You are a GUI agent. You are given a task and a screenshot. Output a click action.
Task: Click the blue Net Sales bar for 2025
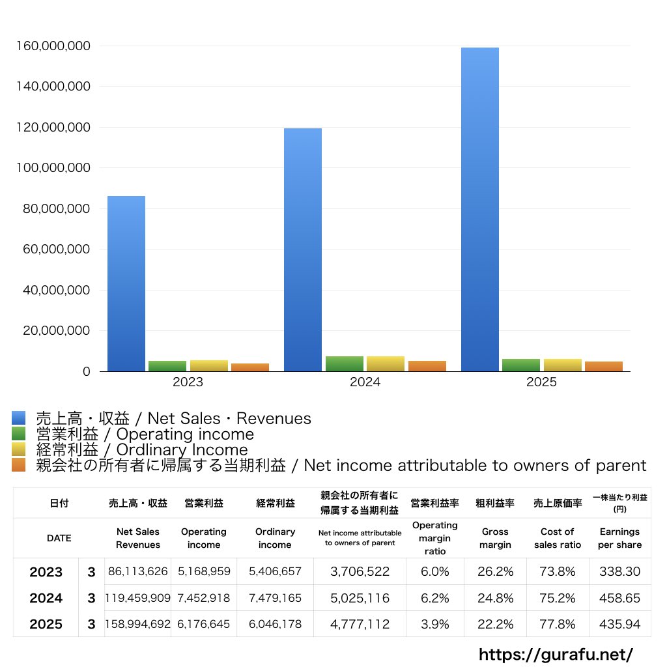[480, 208]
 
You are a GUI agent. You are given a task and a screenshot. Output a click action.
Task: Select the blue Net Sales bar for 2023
[126, 283]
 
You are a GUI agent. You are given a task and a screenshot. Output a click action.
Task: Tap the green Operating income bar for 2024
[345, 364]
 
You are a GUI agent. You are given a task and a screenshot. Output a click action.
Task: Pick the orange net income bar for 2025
[604, 366]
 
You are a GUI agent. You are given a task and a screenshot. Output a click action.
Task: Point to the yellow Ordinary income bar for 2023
[209, 365]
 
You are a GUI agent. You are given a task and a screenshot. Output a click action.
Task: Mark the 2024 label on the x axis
[365, 382]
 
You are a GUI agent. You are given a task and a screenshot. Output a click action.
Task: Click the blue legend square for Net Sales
[18, 418]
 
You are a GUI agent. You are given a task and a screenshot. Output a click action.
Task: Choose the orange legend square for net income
[18, 465]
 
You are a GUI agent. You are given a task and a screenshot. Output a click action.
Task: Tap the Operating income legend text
[145, 434]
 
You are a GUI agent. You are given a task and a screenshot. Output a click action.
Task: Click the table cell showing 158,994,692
[138, 624]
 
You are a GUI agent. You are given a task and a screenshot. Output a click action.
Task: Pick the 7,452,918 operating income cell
[204, 598]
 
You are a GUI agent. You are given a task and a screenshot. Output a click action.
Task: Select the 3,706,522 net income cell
[360, 572]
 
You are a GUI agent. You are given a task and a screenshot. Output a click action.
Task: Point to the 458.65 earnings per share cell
[619, 598]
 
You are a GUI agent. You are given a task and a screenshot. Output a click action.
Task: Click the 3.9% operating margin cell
[435, 624]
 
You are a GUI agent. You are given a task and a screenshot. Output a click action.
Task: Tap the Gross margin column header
[495, 538]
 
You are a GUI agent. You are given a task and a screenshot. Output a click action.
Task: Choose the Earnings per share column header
[619, 538]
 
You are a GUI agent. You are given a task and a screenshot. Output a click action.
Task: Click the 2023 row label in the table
[46, 572]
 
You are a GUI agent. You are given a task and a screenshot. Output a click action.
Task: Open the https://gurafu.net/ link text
[556, 654]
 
